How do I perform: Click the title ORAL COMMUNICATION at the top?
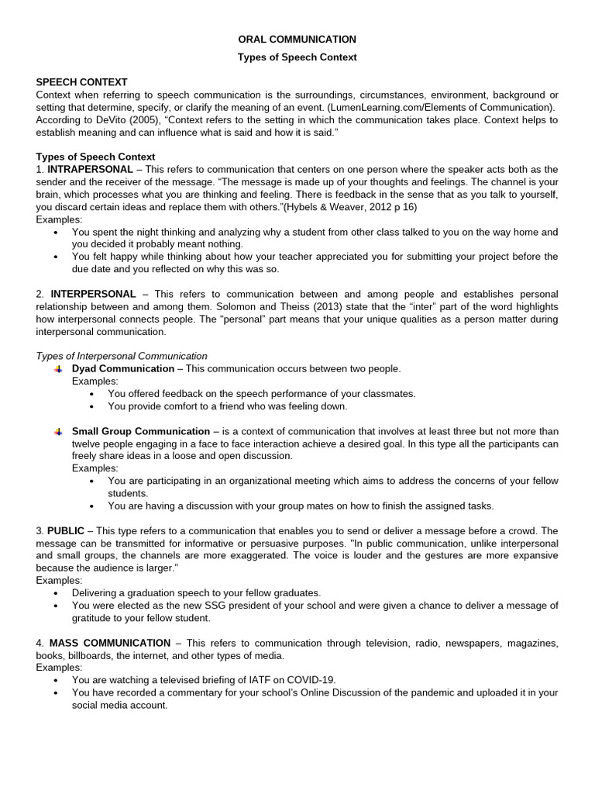click(297, 40)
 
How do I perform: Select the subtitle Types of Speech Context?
click(297, 57)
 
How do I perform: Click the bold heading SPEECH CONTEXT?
click(81, 82)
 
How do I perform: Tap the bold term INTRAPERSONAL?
click(90, 169)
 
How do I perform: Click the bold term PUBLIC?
click(66, 531)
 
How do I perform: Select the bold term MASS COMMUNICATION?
click(110, 643)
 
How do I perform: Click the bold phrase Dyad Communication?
click(123, 368)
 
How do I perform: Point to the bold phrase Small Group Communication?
click(141, 431)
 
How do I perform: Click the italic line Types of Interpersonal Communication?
click(122, 356)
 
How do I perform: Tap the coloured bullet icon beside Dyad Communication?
click(58, 369)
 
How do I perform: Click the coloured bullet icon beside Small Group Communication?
click(58, 432)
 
